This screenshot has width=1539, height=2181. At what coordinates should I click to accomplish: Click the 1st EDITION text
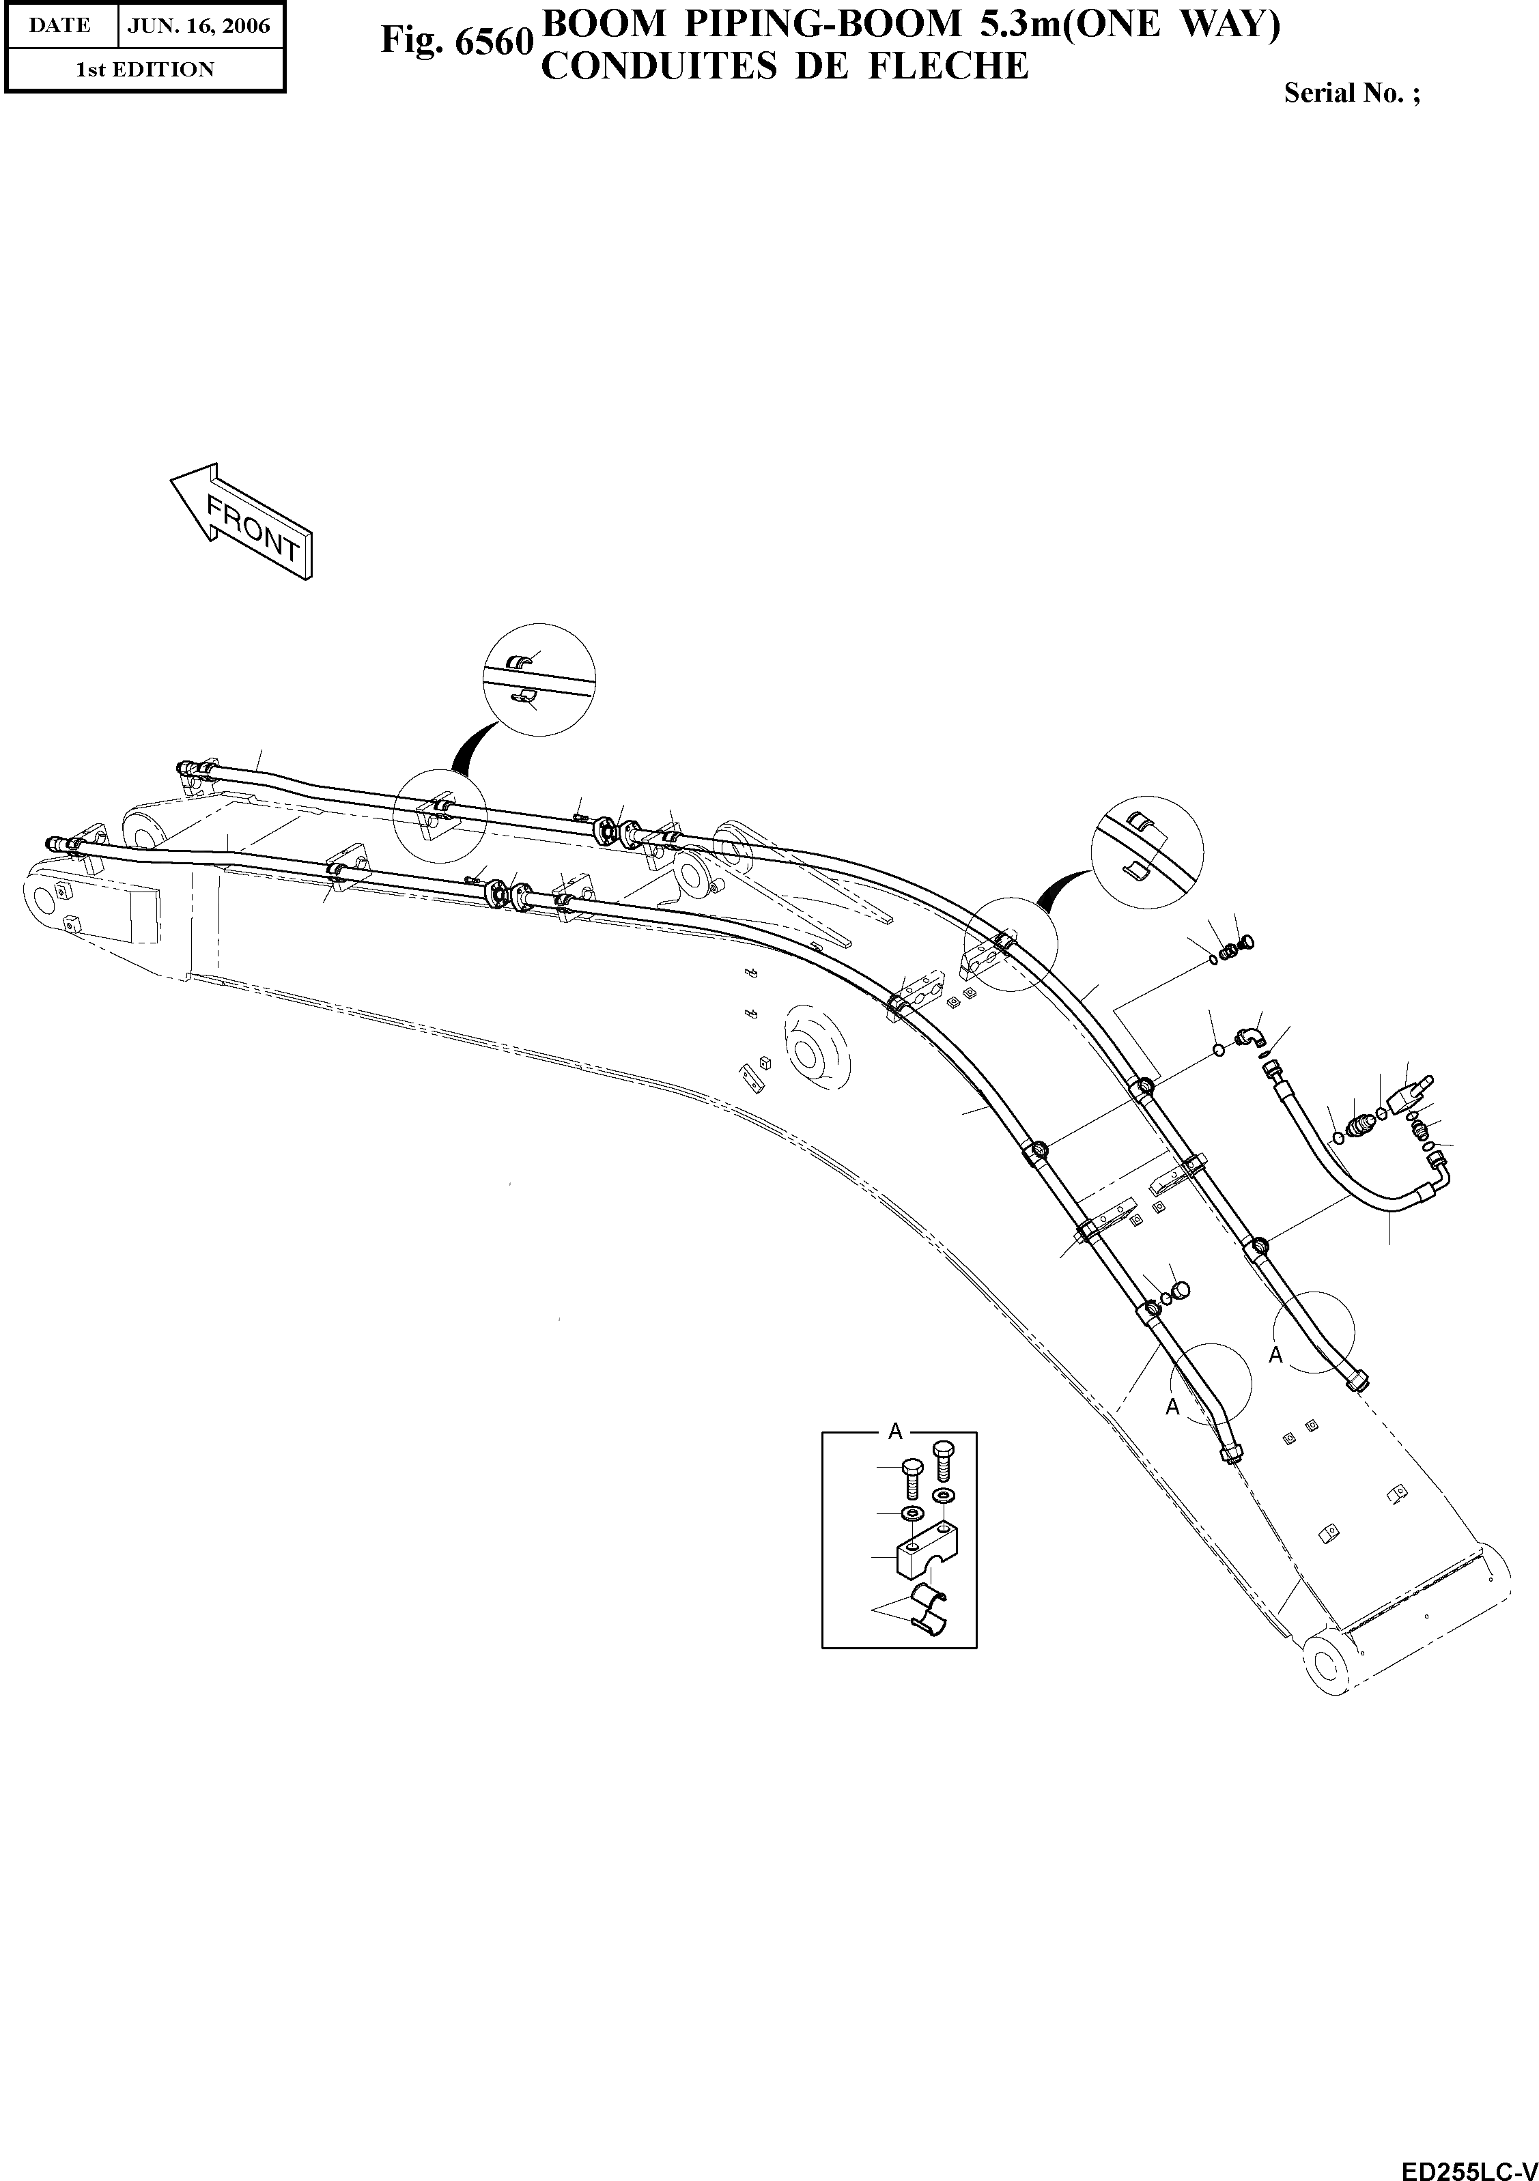click(x=144, y=70)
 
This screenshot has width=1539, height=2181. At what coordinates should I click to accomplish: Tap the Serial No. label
click(x=1352, y=93)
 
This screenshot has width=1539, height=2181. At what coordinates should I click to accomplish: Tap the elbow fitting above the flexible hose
click(x=1250, y=1036)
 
